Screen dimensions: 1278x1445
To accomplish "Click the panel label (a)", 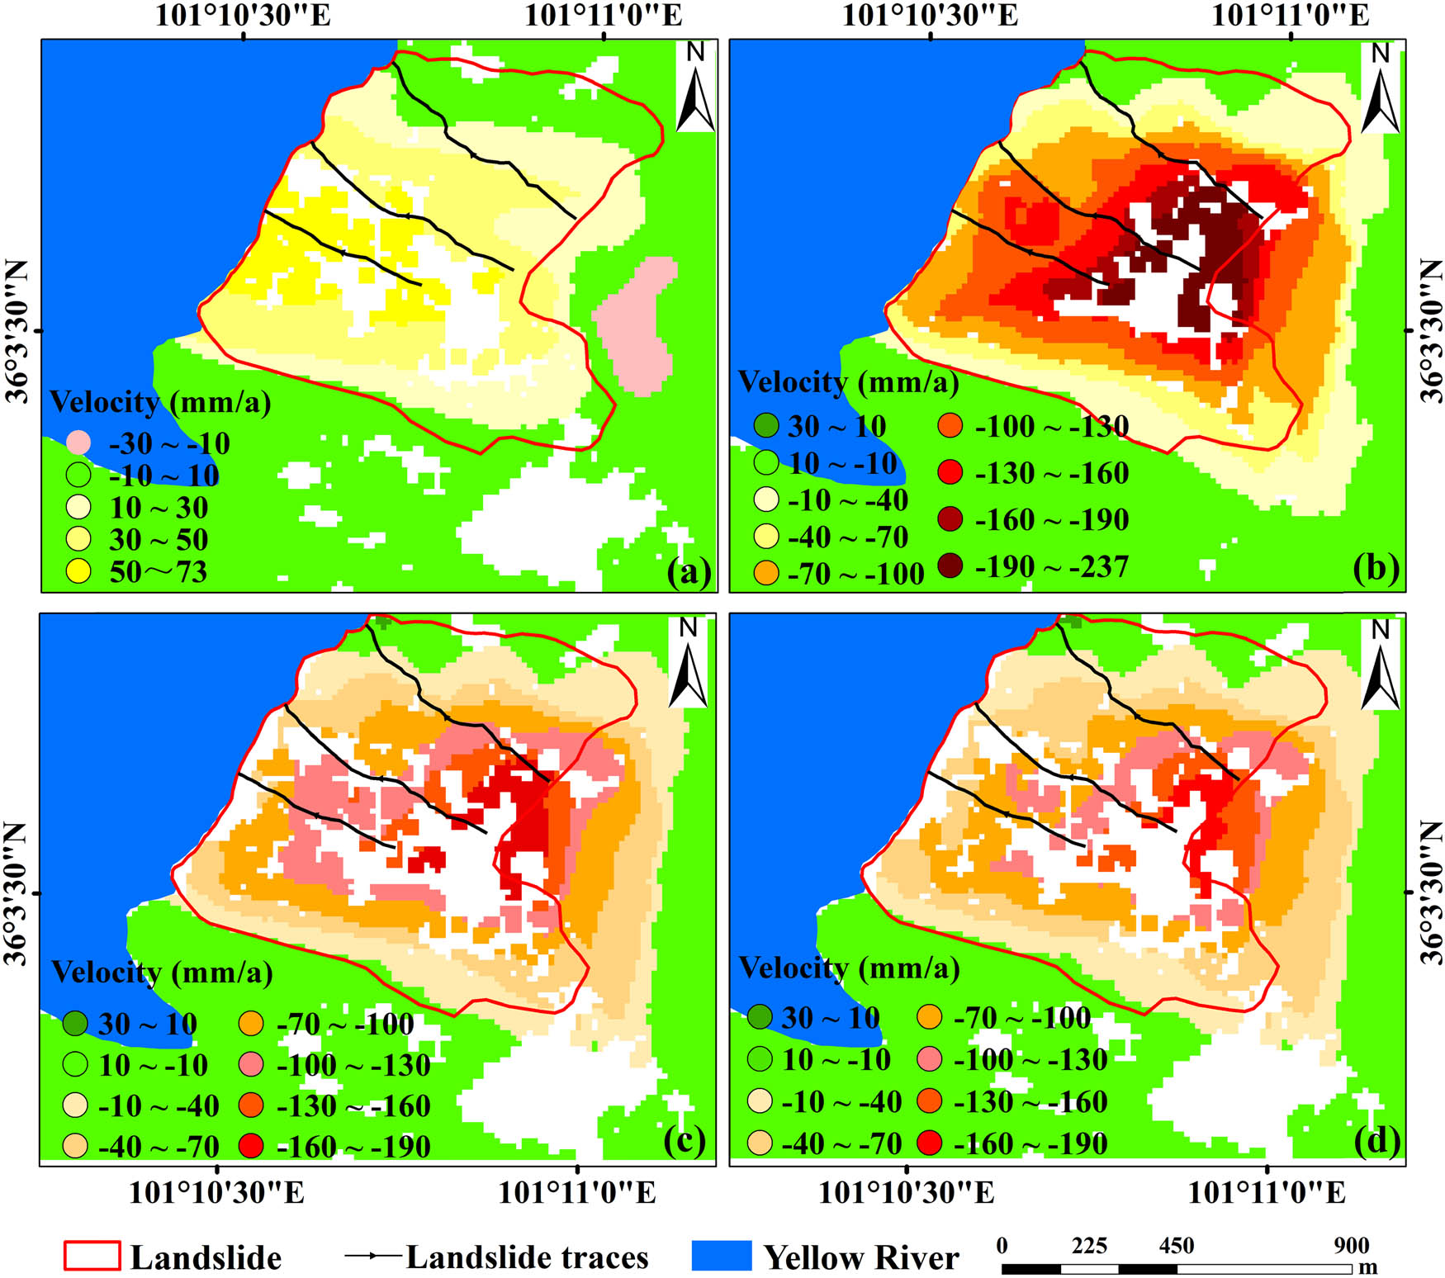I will point(689,571).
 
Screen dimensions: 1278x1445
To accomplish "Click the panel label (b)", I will point(1376,568).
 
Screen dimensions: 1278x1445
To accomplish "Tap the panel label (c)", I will point(685,1140).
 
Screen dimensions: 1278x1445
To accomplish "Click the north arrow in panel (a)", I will point(695,88).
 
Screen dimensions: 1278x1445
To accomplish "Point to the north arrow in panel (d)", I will point(1381,664).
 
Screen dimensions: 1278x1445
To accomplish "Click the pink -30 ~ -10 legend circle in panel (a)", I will point(78,443).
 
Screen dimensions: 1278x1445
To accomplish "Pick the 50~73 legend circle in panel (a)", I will point(78,571).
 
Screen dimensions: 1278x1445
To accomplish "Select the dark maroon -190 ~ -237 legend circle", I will point(950,566).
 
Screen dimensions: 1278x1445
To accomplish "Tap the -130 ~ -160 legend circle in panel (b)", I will point(950,472).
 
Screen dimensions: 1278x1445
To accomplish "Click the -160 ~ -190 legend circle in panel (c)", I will point(251,1146).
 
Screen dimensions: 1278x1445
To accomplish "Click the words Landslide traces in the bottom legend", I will point(527,1257).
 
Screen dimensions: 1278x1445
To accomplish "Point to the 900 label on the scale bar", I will point(1351,1245).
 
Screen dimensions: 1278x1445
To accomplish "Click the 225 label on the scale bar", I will point(1089,1245).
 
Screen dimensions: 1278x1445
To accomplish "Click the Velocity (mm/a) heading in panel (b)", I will point(848,382).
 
